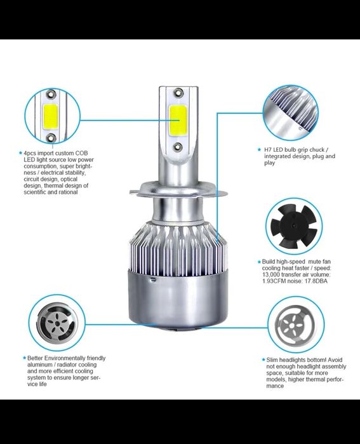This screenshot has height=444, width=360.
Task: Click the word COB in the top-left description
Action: click(81, 153)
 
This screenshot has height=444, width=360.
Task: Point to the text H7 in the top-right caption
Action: click(268, 149)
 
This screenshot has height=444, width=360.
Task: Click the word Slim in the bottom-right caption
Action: click(273, 360)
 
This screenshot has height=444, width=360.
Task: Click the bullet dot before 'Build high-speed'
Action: click(258, 261)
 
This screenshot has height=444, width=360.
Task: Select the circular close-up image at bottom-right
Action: click(294, 324)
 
